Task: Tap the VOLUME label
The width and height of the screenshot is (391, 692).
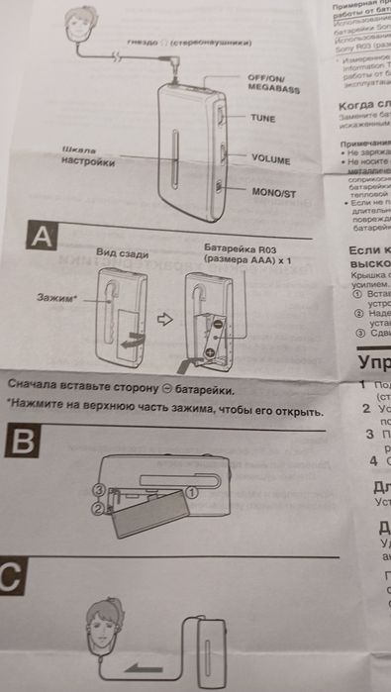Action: (x=270, y=158)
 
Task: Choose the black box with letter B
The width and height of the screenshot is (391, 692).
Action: (x=22, y=443)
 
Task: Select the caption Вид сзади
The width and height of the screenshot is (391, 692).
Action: (x=122, y=254)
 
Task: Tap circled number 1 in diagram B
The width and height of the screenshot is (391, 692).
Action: (x=192, y=490)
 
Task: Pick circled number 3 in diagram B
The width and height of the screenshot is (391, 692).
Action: (x=99, y=490)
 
